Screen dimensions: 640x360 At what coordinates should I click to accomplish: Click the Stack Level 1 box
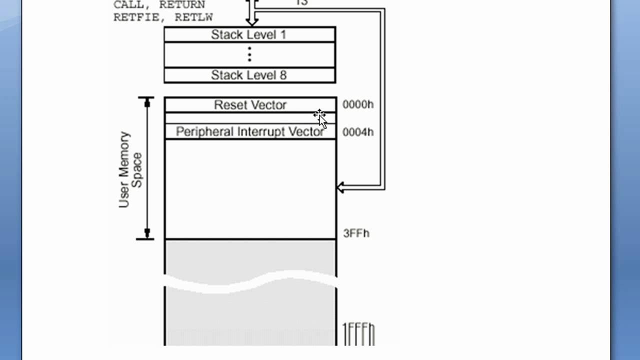tap(249, 34)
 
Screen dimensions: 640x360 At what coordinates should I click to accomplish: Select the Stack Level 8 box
tap(249, 75)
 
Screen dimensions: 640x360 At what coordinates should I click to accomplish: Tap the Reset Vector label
tap(250, 105)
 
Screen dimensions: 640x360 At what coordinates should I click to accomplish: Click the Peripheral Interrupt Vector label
tap(249, 131)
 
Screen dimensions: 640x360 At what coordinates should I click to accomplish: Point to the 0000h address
tap(358, 104)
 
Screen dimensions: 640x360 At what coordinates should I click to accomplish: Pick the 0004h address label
tap(358, 132)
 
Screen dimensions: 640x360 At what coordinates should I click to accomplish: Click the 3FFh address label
tap(356, 233)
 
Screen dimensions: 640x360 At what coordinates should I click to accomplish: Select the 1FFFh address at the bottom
tap(358, 334)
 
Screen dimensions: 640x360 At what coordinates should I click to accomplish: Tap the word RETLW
tap(193, 17)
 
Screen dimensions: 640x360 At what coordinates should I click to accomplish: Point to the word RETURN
tap(182, 5)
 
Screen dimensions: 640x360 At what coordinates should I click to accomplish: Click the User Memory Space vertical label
tap(130, 169)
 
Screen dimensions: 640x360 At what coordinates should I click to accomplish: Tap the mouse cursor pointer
tap(320, 117)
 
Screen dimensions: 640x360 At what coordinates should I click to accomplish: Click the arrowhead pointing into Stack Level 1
tap(251, 21)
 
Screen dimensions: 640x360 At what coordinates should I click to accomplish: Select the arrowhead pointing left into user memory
tap(341, 187)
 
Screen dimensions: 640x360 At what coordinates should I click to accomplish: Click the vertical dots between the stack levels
tap(249, 54)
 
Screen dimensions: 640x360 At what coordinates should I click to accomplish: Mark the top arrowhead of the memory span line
tap(147, 103)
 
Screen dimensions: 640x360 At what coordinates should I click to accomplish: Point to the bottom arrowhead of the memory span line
tap(147, 233)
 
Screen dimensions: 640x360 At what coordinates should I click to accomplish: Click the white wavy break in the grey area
tap(250, 281)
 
